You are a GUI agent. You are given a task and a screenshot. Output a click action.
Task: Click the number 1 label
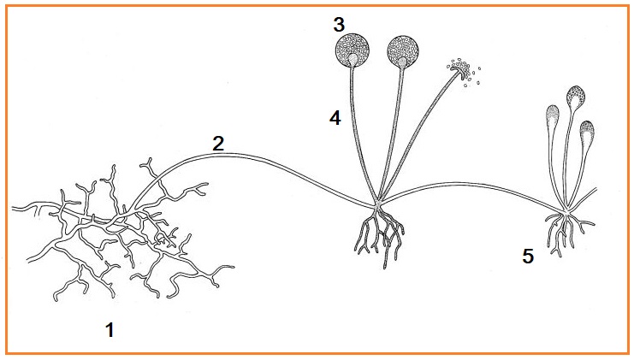tap(110, 330)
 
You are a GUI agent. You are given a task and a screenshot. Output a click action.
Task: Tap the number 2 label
tap(218, 144)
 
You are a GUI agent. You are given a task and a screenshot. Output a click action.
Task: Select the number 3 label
tap(339, 24)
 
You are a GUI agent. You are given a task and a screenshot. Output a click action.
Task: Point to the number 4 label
tap(335, 118)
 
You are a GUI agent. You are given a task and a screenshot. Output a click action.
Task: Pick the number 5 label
tap(528, 256)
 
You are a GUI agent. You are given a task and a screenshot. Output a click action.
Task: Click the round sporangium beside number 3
tap(353, 50)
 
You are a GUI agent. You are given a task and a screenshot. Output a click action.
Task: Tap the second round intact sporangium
tap(403, 51)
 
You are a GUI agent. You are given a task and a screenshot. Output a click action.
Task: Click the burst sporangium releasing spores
tap(462, 72)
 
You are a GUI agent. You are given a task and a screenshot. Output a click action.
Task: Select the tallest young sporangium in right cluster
tap(576, 97)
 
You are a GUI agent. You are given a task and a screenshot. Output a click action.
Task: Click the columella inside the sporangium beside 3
tap(353, 59)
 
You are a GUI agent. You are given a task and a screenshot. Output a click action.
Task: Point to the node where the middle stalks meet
tap(376, 204)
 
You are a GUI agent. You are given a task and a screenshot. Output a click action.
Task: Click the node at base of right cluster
tap(567, 212)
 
